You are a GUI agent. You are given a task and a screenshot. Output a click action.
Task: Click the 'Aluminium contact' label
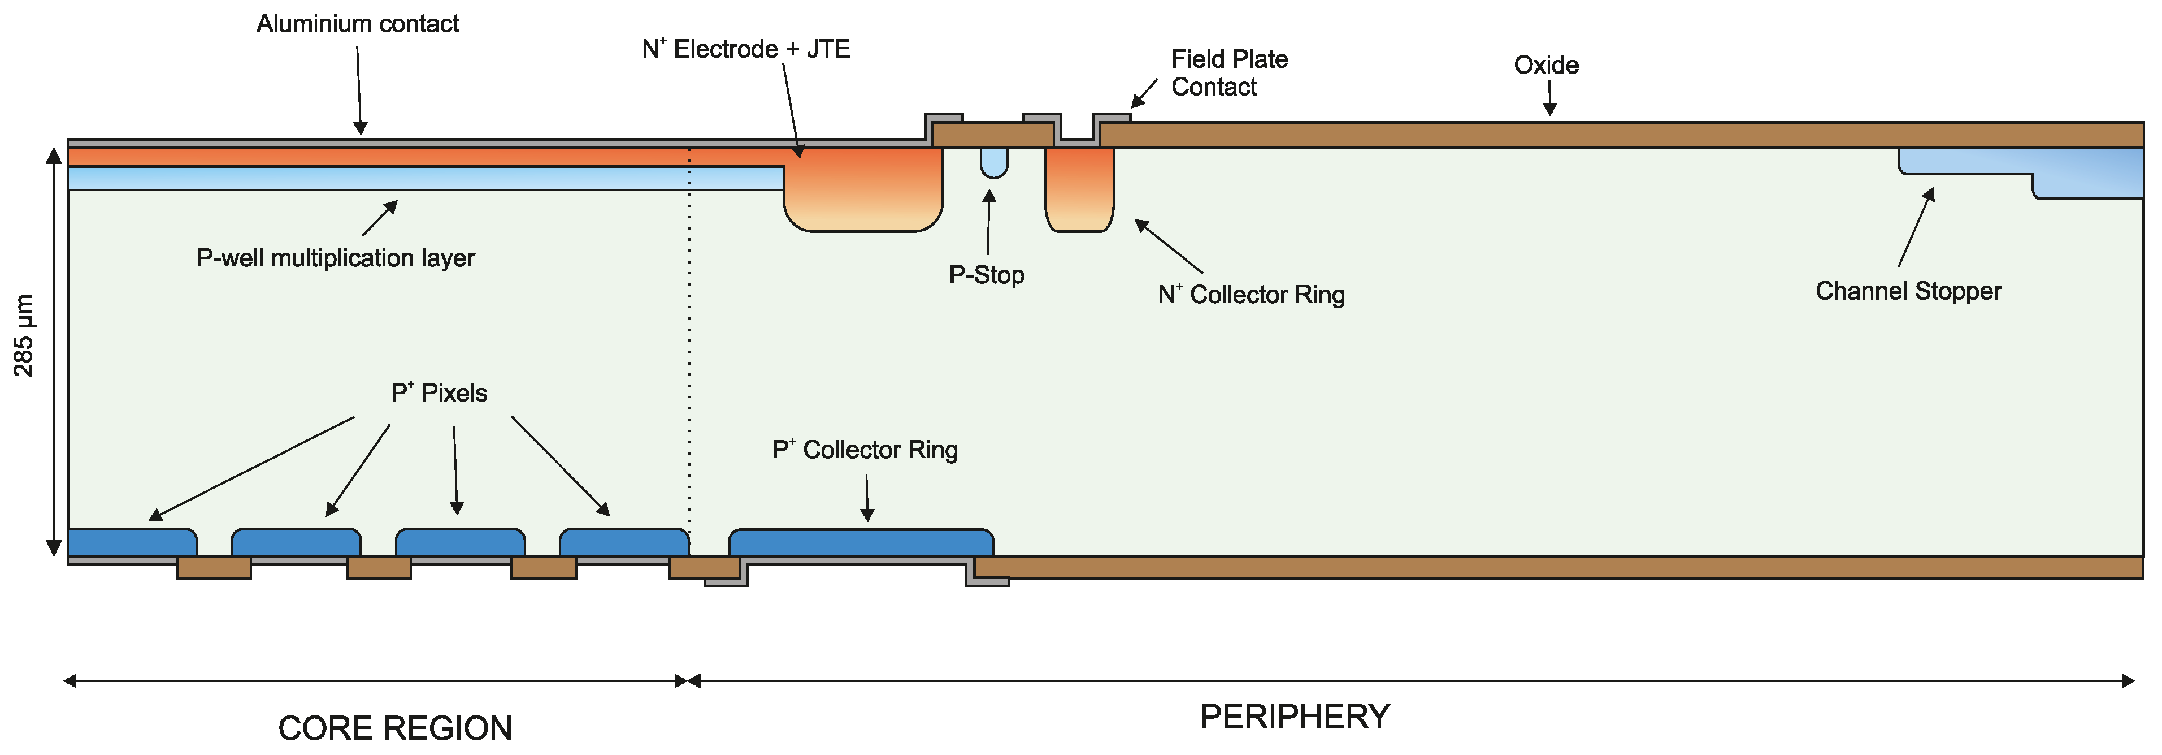[358, 24]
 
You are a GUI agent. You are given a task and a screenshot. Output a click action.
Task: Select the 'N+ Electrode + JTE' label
[745, 49]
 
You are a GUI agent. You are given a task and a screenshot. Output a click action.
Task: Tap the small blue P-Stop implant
[994, 161]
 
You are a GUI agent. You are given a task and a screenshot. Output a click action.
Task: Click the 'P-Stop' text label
[986, 275]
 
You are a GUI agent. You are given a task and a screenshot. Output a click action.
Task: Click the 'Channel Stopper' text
[1908, 291]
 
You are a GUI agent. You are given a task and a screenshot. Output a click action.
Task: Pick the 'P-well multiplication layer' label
[335, 258]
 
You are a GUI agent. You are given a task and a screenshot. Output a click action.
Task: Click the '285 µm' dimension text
[24, 335]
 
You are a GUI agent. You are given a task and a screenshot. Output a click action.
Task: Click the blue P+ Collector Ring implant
[860, 542]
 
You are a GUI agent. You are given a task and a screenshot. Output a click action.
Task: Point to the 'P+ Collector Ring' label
[865, 450]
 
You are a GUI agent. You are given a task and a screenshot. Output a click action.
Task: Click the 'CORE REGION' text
[394, 728]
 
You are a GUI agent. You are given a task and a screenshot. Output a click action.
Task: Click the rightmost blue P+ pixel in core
[624, 542]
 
